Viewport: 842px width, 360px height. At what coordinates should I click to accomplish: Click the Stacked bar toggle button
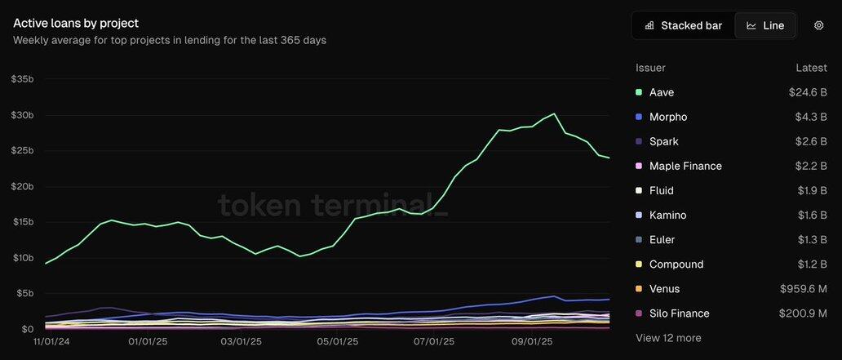pos(683,25)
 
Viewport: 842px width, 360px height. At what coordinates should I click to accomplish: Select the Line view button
pos(765,25)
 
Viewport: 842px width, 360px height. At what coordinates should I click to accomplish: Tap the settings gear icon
pos(818,25)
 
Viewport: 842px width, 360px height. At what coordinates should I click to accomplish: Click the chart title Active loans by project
pos(76,23)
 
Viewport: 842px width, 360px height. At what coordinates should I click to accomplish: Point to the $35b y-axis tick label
pos(22,79)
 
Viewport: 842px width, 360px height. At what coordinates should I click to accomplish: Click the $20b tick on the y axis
pos(22,186)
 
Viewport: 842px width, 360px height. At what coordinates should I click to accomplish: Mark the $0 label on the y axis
pos(27,329)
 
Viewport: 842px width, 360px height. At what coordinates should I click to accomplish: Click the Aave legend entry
pos(662,92)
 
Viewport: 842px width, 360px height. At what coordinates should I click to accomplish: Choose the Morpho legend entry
pos(668,117)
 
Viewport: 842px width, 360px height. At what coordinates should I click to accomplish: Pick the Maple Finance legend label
pos(685,166)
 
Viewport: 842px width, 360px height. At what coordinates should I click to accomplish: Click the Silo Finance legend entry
pos(679,313)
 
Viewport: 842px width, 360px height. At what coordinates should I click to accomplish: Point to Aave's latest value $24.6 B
pos(808,92)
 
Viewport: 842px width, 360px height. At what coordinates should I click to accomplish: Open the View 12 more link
pos(668,338)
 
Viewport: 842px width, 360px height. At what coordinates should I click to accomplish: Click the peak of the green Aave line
pos(554,113)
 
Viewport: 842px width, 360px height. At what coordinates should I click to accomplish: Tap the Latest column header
pos(812,68)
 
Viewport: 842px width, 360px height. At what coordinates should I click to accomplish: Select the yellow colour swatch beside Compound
pos(639,264)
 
